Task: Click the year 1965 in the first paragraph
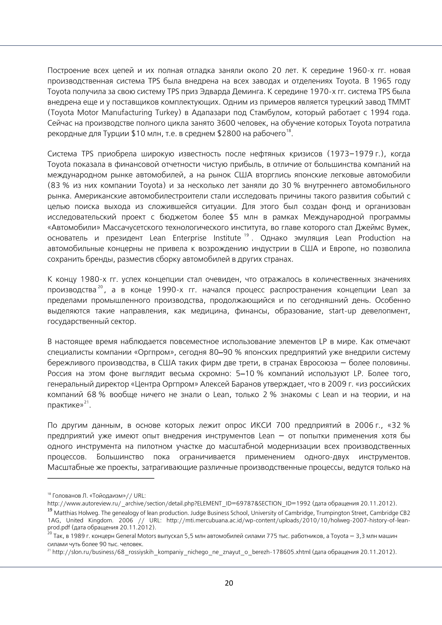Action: [381, 81]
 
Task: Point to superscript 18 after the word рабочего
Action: [289, 131]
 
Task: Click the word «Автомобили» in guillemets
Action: [73, 227]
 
